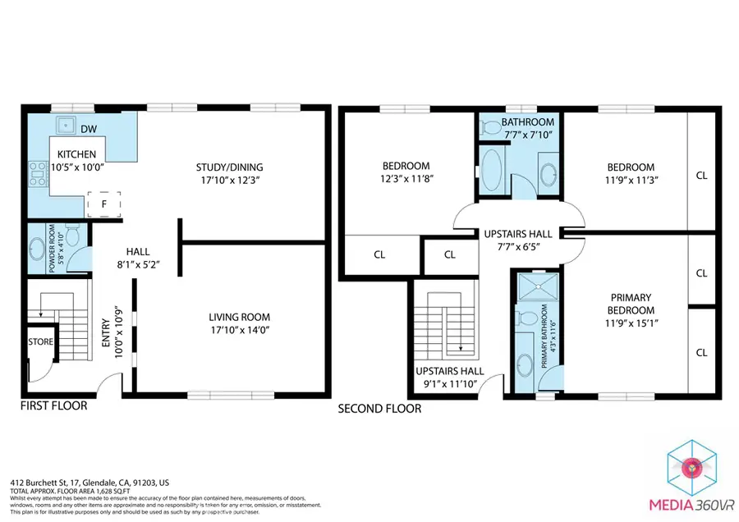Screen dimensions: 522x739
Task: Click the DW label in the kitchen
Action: (88, 129)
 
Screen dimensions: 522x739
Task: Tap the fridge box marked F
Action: (103, 203)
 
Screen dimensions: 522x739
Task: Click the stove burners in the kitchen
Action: (37, 172)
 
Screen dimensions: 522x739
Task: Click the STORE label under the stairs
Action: (40, 341)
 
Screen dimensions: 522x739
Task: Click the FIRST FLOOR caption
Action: (53, 405)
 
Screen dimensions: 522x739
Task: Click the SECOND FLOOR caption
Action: (379, 408)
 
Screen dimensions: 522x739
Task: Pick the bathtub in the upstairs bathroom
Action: (493, 170)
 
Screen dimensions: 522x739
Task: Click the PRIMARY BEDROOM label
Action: (631, 304)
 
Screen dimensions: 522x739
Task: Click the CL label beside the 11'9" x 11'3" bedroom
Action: (701, 175)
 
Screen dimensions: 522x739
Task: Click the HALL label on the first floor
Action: (137, 252)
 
